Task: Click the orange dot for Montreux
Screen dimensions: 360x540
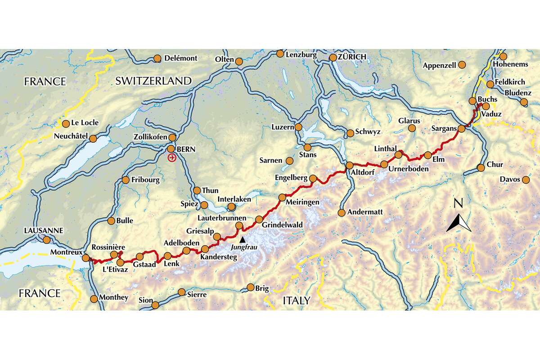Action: point(86,258)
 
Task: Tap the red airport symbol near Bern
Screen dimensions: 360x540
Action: point(171,157)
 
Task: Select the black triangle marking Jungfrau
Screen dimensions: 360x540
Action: point(243,239)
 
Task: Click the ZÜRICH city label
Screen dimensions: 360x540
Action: point(349,57)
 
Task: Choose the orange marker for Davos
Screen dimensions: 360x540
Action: point(526,180)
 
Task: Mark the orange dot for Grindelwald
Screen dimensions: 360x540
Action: point(259,220)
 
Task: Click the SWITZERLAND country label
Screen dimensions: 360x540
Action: point(153,81)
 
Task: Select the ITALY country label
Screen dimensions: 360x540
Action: point(296,300)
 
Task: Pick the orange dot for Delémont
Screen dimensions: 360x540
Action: point(157,58)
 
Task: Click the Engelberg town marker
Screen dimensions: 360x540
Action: point(313,179)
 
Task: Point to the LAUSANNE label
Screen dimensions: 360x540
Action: point(43,231)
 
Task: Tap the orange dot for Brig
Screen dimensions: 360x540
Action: point(251,287)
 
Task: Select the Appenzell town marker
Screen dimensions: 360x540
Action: point(462,66)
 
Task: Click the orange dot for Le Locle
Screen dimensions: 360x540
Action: point(66,123)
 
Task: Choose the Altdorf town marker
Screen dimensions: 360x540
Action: point(349,165)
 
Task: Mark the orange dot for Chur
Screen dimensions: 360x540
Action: point(481,168)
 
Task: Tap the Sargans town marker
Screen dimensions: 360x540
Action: point(461,129)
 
